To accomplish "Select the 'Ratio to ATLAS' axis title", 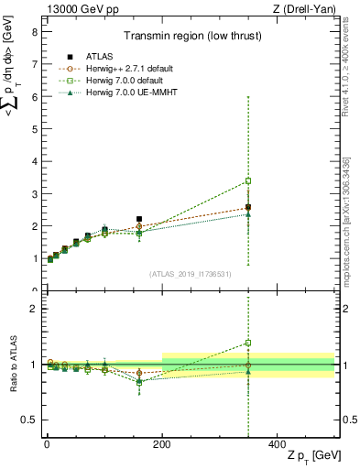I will coord(13,364).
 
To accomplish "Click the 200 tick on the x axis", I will coord(162,443).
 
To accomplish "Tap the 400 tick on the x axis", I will coord(278,443).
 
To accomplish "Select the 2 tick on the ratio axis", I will coord(33,309).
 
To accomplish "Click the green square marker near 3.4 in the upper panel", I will coord(248,181).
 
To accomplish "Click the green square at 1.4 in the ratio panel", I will coord(248,343).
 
